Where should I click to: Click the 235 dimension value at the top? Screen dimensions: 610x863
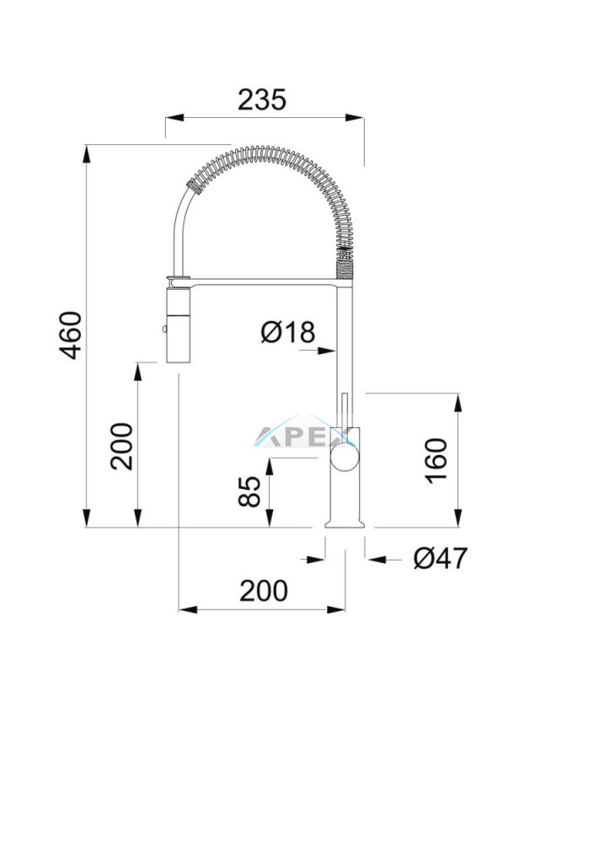click(x=262, y=99)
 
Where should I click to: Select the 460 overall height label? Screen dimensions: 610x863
click(x=71, y=335)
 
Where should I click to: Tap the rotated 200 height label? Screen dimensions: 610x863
click(x=121, y=446)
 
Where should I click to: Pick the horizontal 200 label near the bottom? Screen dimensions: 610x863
click(x=264, y=591)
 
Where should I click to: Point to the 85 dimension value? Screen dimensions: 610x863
click(x=249, y=491)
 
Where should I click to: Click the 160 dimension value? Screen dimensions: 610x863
click(x=436, y=461)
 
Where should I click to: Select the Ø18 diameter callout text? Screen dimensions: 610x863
click(x=288, y=332)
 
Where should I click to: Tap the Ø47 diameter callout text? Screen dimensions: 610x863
click(x=441, y=558)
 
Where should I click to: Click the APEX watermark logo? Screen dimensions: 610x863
click(x=302, y=436)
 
